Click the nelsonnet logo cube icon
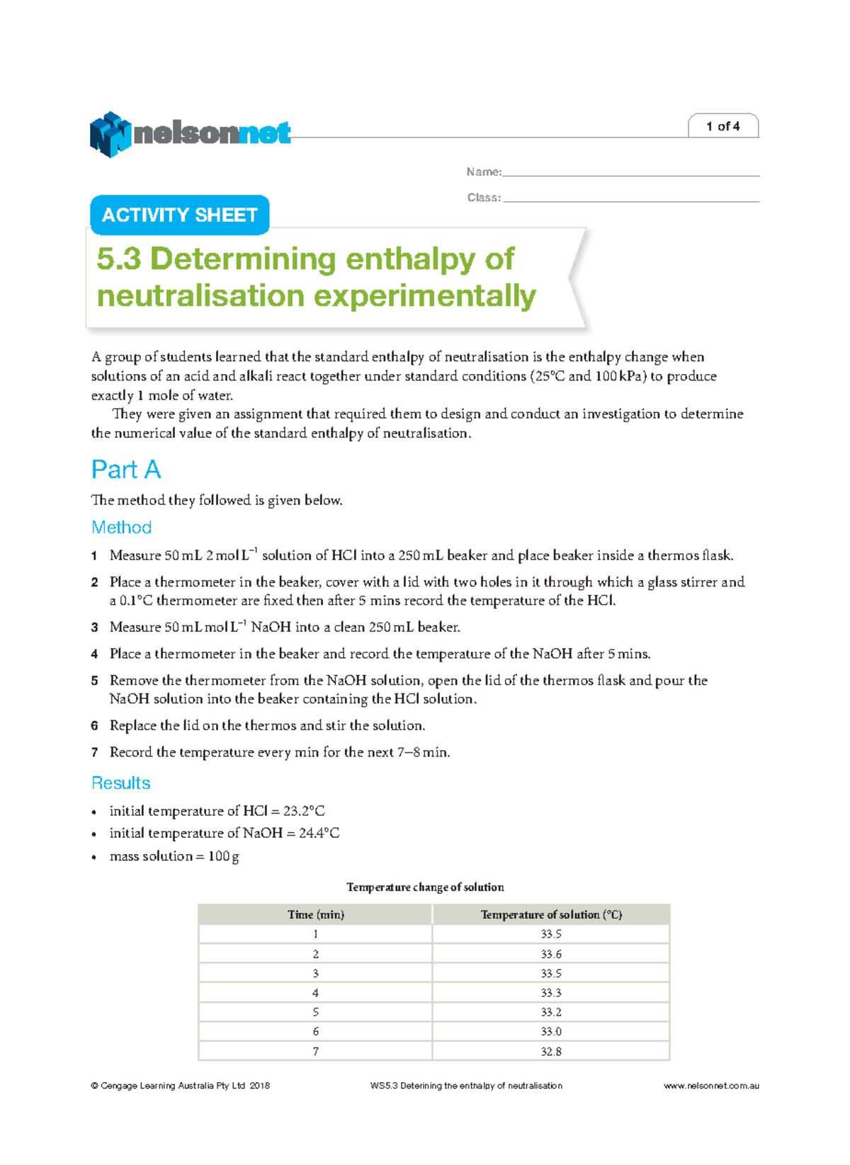(110, 134)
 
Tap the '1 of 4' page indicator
(722, 126)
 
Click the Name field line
(630, 172)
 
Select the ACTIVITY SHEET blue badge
(179, 215)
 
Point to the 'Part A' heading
(126, 470)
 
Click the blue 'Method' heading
(121, 528)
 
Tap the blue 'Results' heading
(121, 783)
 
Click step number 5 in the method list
(94, 681)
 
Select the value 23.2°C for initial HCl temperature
(304, 811)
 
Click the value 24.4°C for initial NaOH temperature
(319, 834)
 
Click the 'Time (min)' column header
(316, 915)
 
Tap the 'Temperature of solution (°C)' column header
(551, 915)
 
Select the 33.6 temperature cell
(551, 954)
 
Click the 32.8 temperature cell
(551, 1052)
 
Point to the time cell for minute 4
(316, 993)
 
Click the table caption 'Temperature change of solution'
(425, 887)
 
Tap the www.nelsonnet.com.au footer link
(710, 1086)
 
